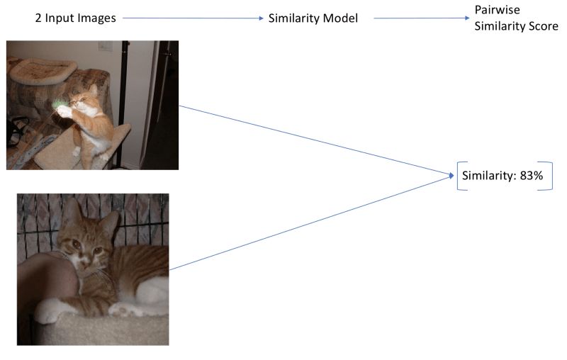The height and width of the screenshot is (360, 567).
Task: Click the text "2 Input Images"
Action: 75,18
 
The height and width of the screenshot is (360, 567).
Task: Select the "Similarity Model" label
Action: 313,18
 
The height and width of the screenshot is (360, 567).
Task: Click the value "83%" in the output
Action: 531,176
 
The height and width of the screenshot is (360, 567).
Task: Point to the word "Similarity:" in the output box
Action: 489,176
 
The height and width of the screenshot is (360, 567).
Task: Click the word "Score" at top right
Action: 543,26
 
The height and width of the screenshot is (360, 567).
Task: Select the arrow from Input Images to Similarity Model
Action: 191,18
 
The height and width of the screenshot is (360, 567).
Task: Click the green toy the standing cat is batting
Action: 57,105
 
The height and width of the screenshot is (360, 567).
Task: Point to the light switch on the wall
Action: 105,47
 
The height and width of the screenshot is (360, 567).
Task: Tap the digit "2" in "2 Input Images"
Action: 38,18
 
